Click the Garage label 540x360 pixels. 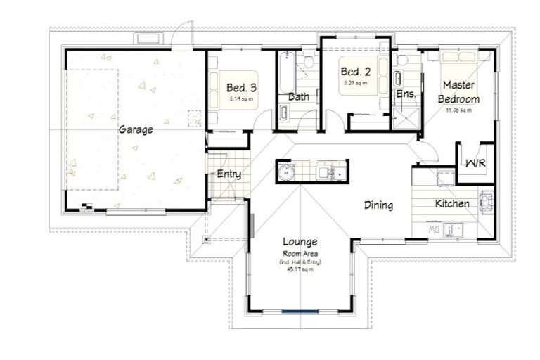(x=136, y=129)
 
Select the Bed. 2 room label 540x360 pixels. (x=355, y=72)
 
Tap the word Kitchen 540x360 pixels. (x=452, y=204)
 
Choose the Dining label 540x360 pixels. (x=378, y=205)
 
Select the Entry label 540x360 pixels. (x=229, y=174)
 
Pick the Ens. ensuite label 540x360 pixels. (x=406, y=94)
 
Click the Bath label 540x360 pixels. (x=299, y=97)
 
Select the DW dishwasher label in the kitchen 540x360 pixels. (x=435, y=229)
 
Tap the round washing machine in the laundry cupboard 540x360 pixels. (x=286, y=172)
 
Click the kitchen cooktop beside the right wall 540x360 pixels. (x=486, y=202)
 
